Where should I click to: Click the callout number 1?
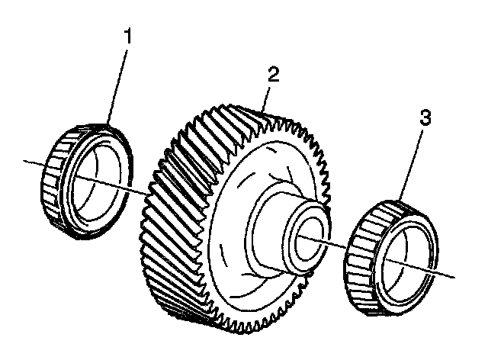(129, 36)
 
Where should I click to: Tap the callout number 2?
(274, 74)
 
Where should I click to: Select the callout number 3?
(425, 118)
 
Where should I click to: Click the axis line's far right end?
(457, 275)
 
